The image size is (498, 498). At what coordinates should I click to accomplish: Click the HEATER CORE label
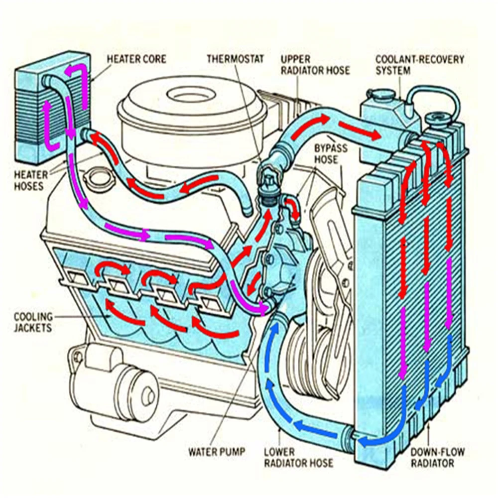tap(136, 59)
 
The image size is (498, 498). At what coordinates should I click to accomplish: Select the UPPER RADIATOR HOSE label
tap(315, 65)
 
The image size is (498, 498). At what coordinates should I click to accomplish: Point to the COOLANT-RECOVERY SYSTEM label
tap(419, 65)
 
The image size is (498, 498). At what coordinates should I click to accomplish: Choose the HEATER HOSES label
tap(30, 180)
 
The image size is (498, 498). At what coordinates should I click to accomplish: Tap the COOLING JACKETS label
tap(33, 322)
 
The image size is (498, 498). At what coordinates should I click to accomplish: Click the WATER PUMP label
tap(216, 452)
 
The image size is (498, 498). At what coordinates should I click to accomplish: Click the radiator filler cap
tap(438, 119)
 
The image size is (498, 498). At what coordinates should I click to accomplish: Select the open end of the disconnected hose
tap(248, 210)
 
